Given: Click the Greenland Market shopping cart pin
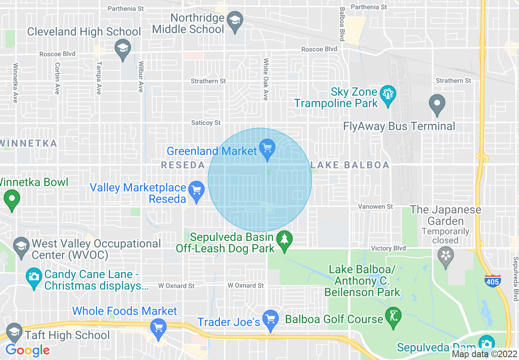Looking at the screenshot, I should (x=267, y=148).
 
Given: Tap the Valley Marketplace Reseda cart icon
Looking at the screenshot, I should (x=197, y=190).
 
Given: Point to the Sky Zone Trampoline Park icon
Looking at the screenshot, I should (x=387, y=94).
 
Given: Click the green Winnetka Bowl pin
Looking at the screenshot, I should (x=11, y=200).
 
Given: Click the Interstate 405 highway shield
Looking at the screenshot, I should (x=492, y=281).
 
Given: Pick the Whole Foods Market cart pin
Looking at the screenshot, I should (x=158, y=327).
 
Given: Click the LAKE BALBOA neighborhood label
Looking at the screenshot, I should (x=350, y=165).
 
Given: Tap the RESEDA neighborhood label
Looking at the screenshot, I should (x=183, y=165).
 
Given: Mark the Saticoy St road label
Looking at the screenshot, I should (x=206, y=123).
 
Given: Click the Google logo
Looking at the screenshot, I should (x=27, y=350).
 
